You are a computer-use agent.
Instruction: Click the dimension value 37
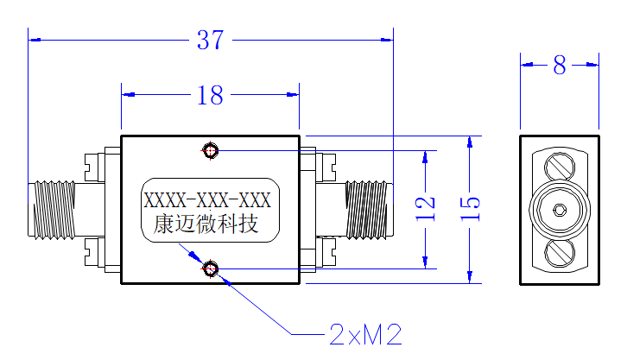[x=210, y=40]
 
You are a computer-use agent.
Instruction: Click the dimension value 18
[x=210, y=95]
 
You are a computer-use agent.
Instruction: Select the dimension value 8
[x=560, y=65]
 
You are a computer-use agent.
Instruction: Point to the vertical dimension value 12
[x=425, y=209]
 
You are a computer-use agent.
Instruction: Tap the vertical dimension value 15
[x=470, y=209]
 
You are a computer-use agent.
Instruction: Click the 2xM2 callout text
[x=365, y=334]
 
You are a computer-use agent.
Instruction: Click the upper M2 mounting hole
[x=211, y=150]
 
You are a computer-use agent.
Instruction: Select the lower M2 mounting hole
[x=211, y=268]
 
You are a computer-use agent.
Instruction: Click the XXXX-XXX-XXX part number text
[x=207, y=200]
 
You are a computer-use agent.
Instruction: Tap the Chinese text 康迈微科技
[x=206, y=224]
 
